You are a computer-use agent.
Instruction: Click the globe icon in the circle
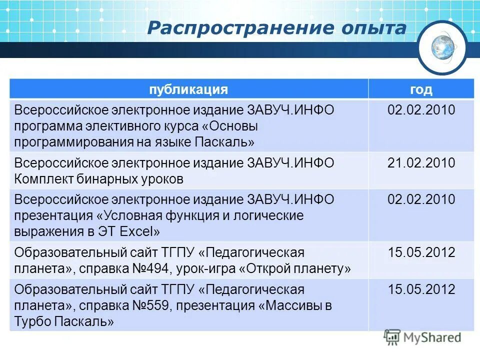click(442, 48)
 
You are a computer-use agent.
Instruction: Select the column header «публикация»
click(188, 89)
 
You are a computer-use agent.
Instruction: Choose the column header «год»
click(421, 89)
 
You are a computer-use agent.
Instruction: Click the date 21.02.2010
click(421, 163)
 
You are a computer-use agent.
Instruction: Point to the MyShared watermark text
click(433, 337)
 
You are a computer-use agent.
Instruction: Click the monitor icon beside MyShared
click(392, 337)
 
